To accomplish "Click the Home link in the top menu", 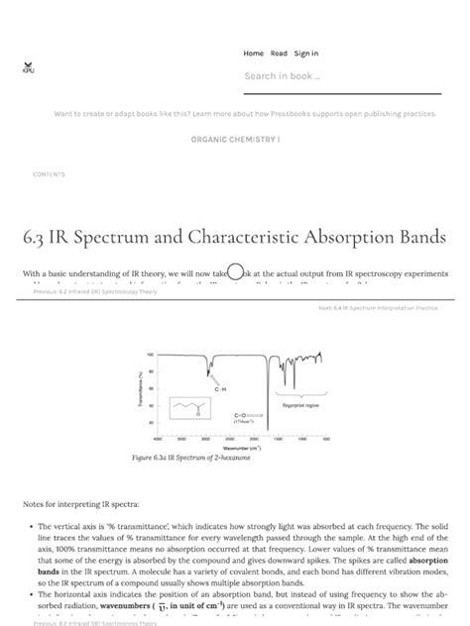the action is pos(253,53).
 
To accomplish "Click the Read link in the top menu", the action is pos(279,53).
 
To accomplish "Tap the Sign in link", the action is pos(306,53).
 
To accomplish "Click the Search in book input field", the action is pos(327,76).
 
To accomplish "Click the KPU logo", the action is pos(28,67).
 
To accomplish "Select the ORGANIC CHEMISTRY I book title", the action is pos(235,140).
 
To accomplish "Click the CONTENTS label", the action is pos(49,174).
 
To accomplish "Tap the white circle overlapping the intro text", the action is pos(235,272).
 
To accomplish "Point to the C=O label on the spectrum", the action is pos(241,415).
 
